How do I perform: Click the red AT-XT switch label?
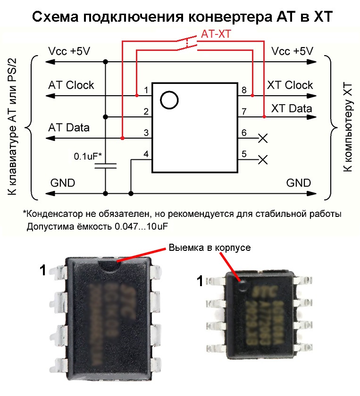click(x=217, y=34)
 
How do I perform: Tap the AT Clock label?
click(x=71, y=85)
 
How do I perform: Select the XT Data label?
click(x=291, y=108)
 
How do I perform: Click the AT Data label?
click(x=68, y=127)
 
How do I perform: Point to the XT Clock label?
click(x=290, y=85)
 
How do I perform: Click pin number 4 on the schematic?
click(x=146, y=154)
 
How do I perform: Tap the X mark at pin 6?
click(x=263, y=138)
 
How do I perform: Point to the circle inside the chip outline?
click(x=169, y=99)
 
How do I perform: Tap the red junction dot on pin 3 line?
click(x=122, y=138)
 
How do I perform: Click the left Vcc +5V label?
click(x=69, y=51)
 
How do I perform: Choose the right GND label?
click(x=299, y=183)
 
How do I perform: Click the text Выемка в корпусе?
click(x=204, y=247)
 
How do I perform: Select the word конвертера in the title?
click(x=222, y=17)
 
